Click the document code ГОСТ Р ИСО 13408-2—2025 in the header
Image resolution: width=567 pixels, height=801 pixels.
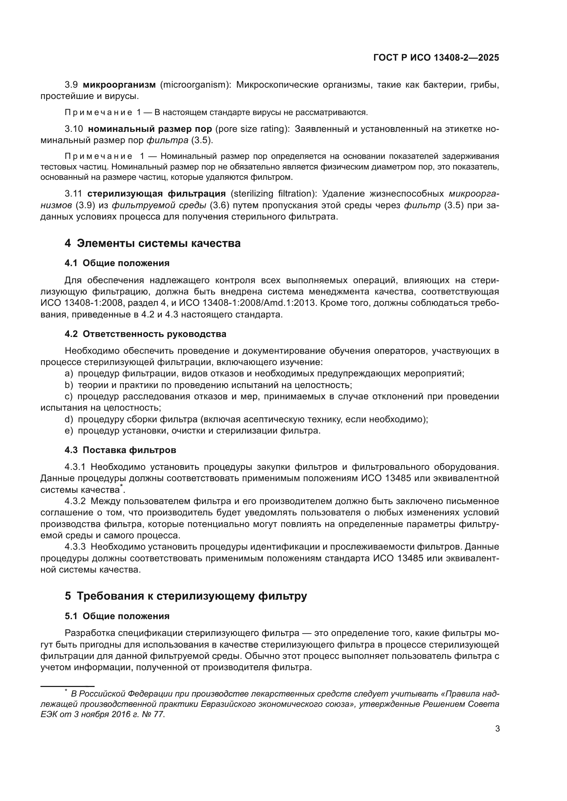[x=436, y=58]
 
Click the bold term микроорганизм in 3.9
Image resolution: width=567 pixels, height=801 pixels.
[x=119, y=85]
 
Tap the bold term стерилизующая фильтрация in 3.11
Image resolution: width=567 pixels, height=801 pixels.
[x=156, y=193]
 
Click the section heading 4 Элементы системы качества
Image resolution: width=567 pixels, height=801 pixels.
[x=153, y=243]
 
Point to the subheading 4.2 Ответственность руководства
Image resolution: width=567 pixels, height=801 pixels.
[x=145, y=334]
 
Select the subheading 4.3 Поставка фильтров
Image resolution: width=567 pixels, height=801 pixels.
[x=120, y=450]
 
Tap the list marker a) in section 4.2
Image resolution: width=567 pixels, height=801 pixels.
[x=69, y=374]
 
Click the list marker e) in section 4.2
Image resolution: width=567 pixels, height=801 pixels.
[x=69, y=431]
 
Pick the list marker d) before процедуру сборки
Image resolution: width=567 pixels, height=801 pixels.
[x=69, y=420]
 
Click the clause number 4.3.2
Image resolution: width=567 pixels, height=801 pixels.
[x=75, y=501]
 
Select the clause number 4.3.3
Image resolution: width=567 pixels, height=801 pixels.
[x=75, y=547]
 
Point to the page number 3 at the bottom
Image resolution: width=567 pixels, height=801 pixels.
[x=497, y=729]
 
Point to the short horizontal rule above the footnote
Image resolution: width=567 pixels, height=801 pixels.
[x=68, y=686]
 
